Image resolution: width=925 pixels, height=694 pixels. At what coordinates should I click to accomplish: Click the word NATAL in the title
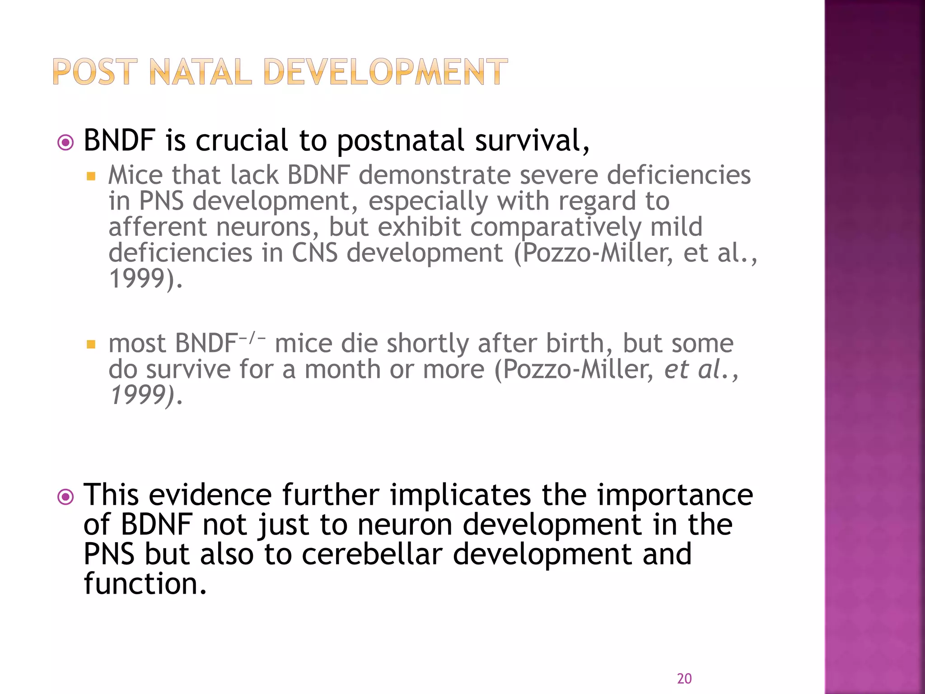[200, 72]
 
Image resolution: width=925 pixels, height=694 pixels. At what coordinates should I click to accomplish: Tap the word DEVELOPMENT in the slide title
[385, 72]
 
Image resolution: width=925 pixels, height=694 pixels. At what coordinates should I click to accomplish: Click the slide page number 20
[684, 679]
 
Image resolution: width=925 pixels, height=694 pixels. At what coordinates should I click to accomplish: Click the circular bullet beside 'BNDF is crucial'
[66, 143]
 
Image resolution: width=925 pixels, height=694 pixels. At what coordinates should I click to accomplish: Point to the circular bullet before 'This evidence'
[66, 497]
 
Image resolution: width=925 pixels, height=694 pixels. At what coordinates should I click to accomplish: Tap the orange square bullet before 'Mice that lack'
[91, 176]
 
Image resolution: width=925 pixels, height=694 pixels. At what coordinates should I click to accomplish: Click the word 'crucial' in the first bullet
[242, 141]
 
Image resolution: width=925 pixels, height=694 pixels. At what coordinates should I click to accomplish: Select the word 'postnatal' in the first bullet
[401, 141]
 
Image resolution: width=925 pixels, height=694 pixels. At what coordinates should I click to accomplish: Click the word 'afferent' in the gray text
[157, 227]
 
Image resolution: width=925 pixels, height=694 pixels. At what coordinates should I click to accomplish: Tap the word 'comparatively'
[555, 228]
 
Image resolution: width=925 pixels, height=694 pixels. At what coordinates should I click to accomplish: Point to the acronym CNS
[314, 253]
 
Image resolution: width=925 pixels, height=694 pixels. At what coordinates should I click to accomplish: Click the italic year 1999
[138, 395]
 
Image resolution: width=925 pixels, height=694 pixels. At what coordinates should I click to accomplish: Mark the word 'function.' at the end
[145, 584]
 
